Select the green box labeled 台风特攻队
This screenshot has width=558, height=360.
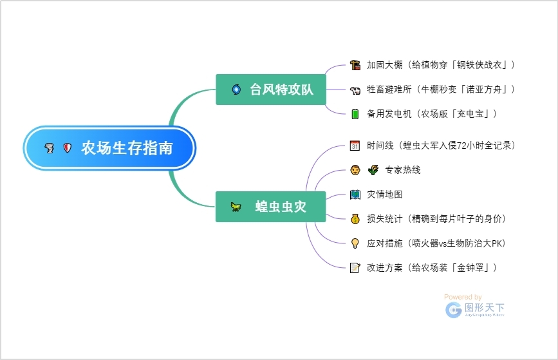pyautogui.click(x=271, y=90)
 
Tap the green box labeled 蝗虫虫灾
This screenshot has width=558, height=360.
pyautogui.click(x=271, y=207)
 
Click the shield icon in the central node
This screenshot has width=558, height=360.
pyautogui.click(x=67, y=148)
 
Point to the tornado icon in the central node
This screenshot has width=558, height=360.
pyautogui.click(x=50, y=148)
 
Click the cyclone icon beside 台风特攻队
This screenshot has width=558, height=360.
pyautogui.click(x=236, y=90)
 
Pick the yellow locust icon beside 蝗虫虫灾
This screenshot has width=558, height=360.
pyautogui.click(x=237, y=207)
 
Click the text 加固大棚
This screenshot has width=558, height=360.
pyautogui.click(x=385, y=65)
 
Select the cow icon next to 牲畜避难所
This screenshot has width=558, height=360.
pyautogui.click(x=355, y=90)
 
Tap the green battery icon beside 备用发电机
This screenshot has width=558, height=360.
pyautogui.click(x=355, y=114)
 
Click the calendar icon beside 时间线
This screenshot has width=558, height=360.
pyautogui.click(x=355, y=146)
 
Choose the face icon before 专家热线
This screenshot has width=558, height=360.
pyautogui.click(x=355, y=170)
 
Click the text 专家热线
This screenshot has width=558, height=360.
pyautogui.click(x=403, y=170)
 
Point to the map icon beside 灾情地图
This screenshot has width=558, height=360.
pyautogui.click(x=355, y=194)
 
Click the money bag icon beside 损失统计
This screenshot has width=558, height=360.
pyautogui.click(x=355, y=219)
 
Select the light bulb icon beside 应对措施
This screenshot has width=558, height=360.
pyautogui.click(x=355, y=243)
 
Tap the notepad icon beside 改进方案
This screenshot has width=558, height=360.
pyautogui.click(x=355, y=268)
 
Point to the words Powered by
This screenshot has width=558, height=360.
pyautogui.click(x=463, y=297)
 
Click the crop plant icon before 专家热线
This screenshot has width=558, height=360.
pyautogui.click(x=373, y=170)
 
